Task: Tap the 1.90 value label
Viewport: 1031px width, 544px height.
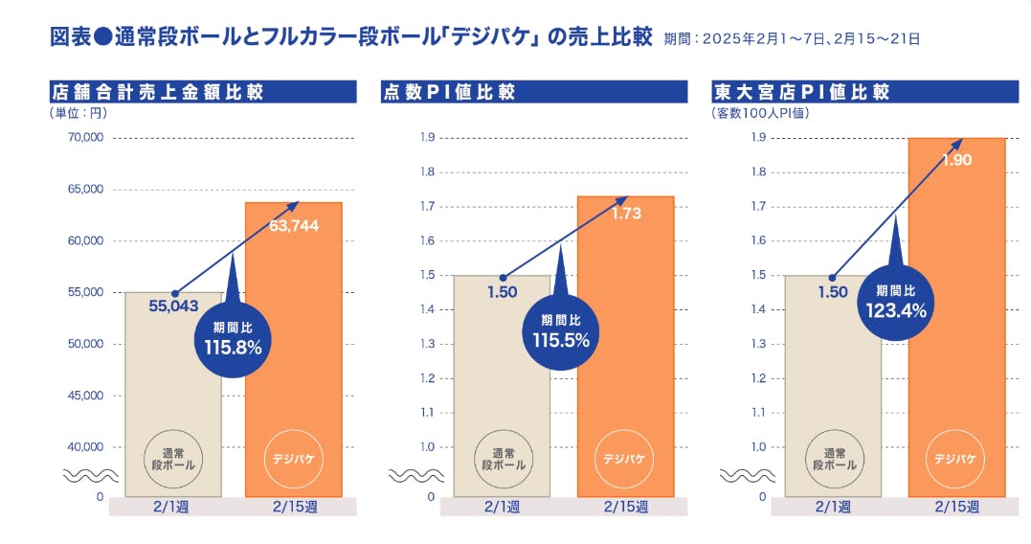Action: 956,160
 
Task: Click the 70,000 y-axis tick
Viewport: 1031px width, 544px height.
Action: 85,138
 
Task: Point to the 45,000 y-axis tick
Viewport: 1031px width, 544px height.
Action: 85,396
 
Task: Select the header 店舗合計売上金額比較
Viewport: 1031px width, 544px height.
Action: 157,92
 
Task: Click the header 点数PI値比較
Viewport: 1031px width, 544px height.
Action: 450,92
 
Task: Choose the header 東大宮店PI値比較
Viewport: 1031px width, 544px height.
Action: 802,92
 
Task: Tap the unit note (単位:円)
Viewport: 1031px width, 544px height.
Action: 78,113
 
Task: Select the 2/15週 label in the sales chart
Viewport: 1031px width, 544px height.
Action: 293,507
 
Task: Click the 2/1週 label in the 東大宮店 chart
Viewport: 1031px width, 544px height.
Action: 834,507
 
